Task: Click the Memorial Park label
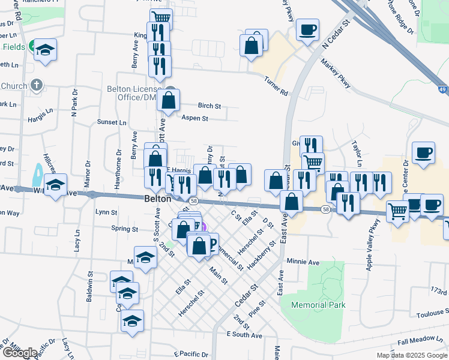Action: click(318, 305)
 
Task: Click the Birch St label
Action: click(209, 106)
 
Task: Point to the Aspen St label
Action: click(194, 119)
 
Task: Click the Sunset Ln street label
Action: click(112, 122)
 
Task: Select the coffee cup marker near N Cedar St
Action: click(307, 30)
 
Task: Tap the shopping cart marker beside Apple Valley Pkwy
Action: click(397, 212)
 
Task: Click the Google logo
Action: click(20, 353)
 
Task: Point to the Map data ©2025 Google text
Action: click(411, 355)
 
